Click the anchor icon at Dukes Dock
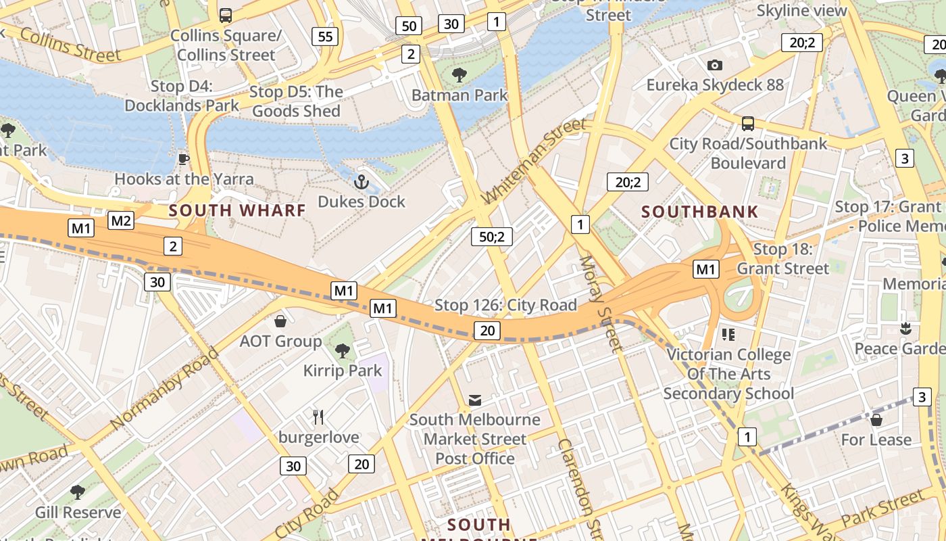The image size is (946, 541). point(362,181)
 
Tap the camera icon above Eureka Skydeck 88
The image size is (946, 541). point(714,65)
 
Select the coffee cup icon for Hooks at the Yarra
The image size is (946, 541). point(183,159)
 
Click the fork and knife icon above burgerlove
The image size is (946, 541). point(318,417)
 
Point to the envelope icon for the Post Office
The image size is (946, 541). point(475,400)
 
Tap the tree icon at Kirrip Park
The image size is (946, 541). point(343,350)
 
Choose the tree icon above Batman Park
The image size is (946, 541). point(459,74)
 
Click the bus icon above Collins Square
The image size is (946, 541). point(226,15)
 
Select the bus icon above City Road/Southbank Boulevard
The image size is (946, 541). point(748,124)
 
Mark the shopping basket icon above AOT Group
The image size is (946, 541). point(280,321)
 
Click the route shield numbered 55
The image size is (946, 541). point(325,36)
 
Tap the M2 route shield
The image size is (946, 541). point(121,220)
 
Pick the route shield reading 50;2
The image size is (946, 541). point(492,237)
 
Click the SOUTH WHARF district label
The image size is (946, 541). point(237,210)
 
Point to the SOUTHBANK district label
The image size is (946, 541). point(699,212)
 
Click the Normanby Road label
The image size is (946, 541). point(166,389)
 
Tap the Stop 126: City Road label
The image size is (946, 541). point(505,305)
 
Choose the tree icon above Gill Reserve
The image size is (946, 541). point(78,492)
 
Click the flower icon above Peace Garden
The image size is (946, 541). point(905,329)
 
